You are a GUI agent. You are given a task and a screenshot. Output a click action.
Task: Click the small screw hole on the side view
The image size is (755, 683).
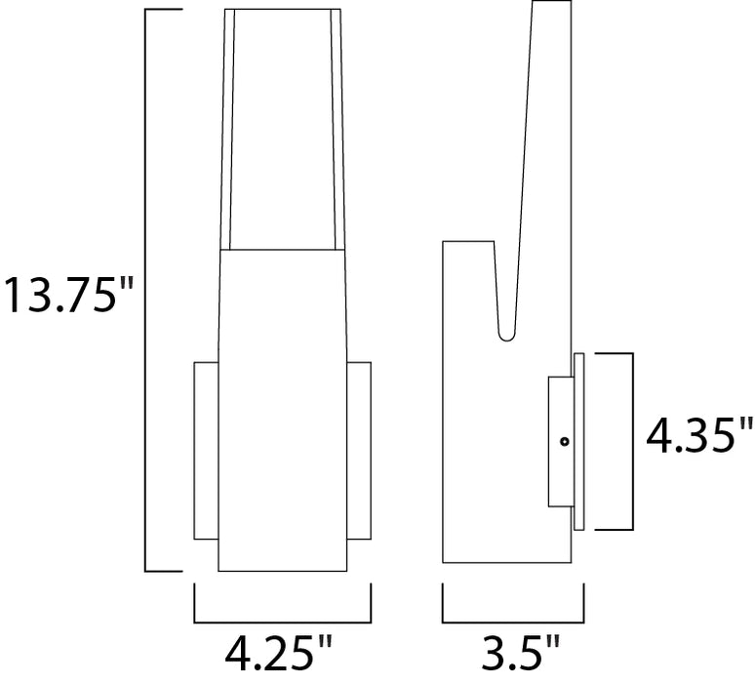pos(564,442)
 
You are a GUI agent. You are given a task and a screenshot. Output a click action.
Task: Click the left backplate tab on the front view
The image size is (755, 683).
pos(206,450)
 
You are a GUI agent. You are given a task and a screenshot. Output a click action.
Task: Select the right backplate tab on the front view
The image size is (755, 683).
pos(359,450)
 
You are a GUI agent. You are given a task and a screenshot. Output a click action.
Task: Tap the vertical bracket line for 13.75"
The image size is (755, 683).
pos(146,292)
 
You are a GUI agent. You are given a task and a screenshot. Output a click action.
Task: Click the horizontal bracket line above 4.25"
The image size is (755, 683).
pos(283,622)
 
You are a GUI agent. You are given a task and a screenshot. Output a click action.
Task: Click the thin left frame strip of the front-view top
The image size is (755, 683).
pos(229,127)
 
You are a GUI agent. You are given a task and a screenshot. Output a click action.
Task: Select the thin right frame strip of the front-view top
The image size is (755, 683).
pos(338,127)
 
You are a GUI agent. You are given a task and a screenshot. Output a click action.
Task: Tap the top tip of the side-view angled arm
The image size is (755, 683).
pos(551,4)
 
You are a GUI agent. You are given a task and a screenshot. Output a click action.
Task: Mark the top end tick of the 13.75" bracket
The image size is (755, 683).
pos(163,10)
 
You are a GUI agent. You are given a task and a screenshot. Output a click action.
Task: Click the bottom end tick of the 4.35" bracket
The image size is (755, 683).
pos(615,530)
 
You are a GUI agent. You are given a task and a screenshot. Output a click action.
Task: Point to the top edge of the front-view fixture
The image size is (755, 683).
pos(283,10)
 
